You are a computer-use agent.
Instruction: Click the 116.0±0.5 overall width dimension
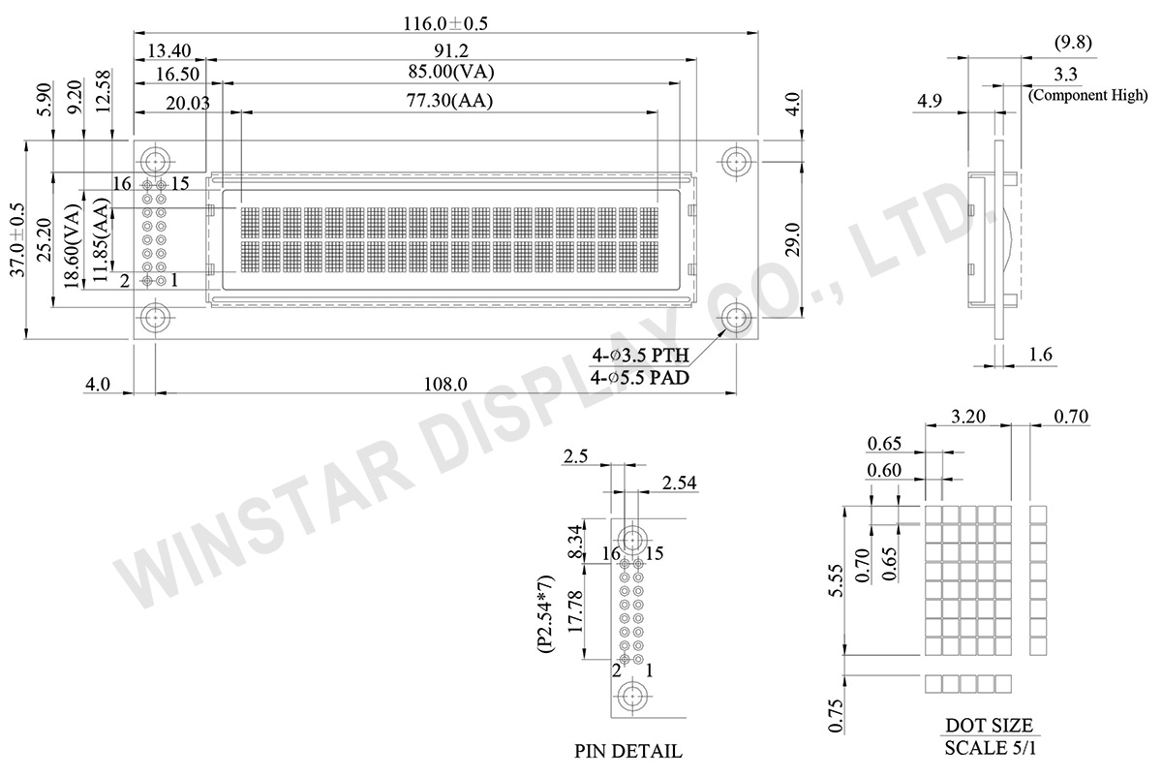click(x=445, y=23)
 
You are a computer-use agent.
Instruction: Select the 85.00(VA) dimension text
click(x=451, y=72)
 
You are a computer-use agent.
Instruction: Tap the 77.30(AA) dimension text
click(x=449, y=100)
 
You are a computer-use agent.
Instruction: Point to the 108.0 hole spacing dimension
click(x=445, y=384)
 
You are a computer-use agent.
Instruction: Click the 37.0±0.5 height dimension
click(x=17, y=239)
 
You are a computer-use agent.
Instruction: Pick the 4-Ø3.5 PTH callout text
click(x=641, y=356)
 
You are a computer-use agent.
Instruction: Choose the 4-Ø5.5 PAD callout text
click(x=640, y=378)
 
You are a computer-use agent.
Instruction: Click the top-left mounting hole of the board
click(x=155, y=162)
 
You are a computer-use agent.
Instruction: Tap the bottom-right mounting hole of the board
click(x=736, y=318)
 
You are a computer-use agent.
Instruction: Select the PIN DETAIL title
click(x=627, y=751)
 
